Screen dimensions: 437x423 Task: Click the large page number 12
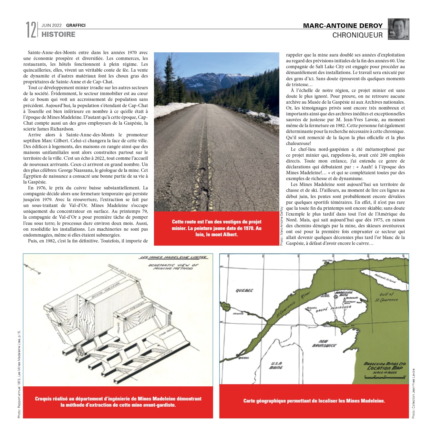31,30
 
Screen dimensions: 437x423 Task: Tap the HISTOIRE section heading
58,34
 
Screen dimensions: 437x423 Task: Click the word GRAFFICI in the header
76,25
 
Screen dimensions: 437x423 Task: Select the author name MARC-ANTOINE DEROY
342,26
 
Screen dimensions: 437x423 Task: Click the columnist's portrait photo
399,29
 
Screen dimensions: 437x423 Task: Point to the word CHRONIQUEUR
357,35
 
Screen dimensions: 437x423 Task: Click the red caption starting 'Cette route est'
217,228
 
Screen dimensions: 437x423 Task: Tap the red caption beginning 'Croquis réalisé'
118,402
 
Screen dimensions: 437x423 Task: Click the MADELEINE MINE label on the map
344,294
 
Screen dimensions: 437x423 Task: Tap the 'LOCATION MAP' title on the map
385,368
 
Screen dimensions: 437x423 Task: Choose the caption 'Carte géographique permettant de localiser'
314,401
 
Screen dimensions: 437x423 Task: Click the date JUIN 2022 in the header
52,25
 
